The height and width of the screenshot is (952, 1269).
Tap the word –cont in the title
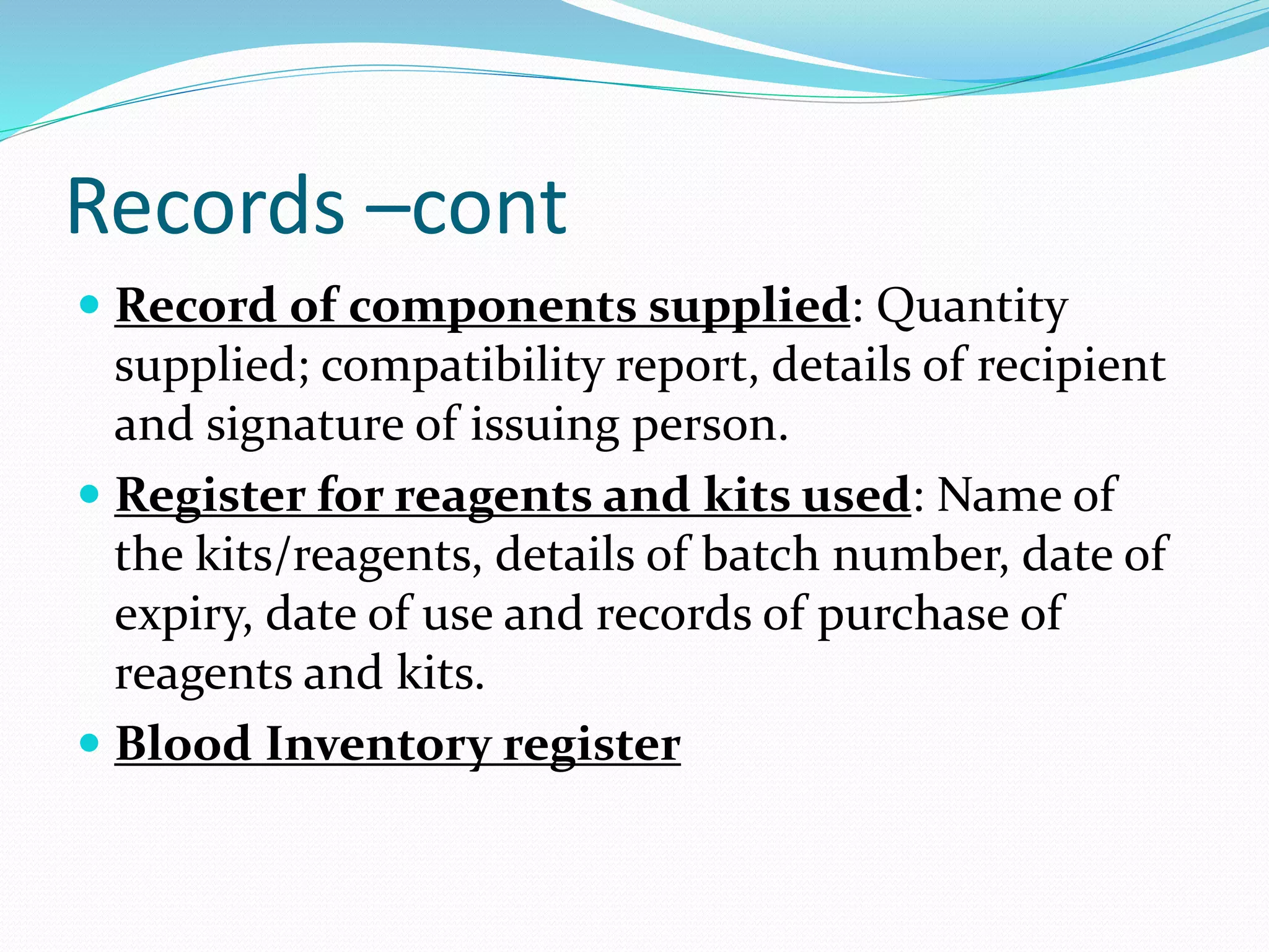(x=465, y=208)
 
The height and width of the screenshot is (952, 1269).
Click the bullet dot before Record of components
(x=90, y=305)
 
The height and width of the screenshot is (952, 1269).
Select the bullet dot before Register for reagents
(x=90, y=494)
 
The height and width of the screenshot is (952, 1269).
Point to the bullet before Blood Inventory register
(x=90, y=742)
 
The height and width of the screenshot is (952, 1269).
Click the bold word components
(x=493, y=306)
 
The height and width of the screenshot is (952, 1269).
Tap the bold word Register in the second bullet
(x=210, y=496)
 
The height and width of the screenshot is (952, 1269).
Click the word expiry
(x=183, y=614)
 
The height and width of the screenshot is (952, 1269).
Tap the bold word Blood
(x=183, y=743)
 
